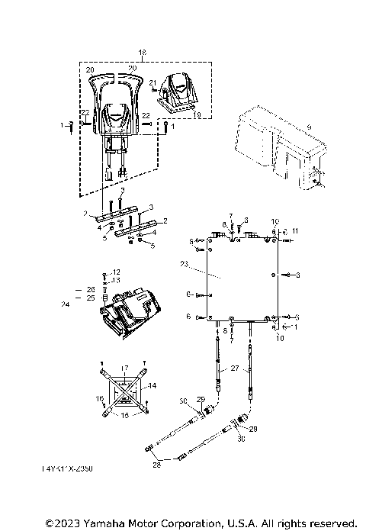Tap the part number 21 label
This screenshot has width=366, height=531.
152,82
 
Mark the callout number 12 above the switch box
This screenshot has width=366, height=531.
116,272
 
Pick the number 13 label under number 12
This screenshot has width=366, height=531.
116,280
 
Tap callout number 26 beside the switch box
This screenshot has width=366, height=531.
91,290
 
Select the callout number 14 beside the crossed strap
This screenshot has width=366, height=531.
153,387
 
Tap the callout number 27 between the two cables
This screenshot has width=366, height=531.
235,368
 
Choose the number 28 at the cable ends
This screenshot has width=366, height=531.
157,464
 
